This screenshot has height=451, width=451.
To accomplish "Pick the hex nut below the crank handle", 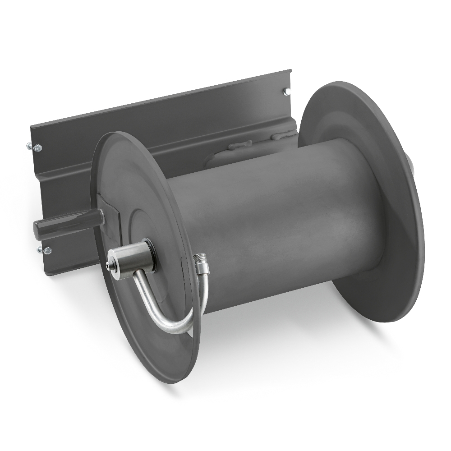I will click(47, 249).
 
